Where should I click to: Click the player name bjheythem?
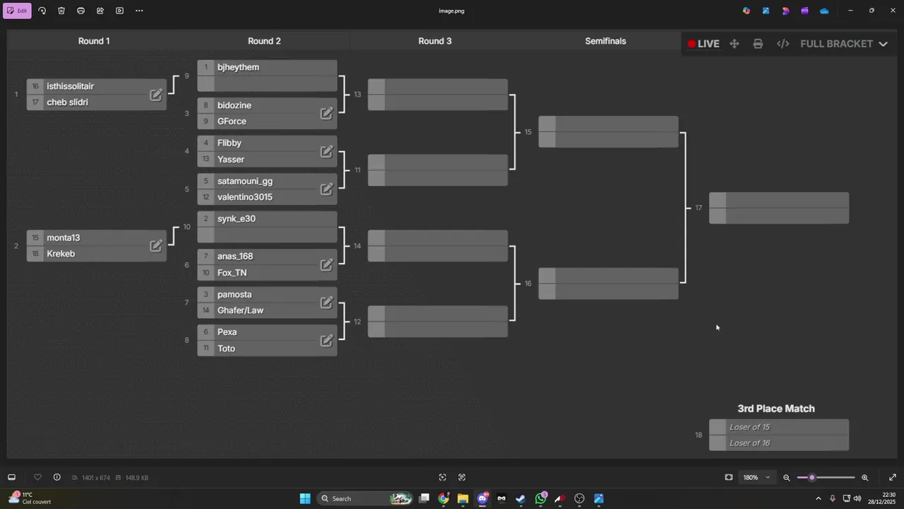[x=238, y=67]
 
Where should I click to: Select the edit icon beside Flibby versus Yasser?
[x=326, y=151]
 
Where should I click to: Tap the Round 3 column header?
[x=434, y=41]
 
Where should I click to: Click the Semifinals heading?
[x=605, y=41]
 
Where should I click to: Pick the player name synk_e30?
[x=236, y=219]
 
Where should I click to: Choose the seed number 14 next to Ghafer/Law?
[x=206, y=310]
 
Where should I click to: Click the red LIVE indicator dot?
[x=691, y=44]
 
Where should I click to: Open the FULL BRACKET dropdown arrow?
[x=883, y=44]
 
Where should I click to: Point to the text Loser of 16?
[x=749, y=443]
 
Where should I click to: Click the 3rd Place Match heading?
[x=775, y=409]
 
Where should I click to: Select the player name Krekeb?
[x=61, y=254]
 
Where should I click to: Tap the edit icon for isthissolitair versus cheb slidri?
[x=156, y=95]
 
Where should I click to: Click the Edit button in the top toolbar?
[x=17, y=11]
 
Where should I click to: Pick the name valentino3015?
[x=244, y=197]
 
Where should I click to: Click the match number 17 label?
[x=698, y=208]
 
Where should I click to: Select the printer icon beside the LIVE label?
[x=758, y=44]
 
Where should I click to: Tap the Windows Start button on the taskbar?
[x=305, y=499]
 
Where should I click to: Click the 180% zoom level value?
[x=751, y=477]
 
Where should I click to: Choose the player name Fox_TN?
[x=232, y=273]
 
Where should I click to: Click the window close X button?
[x=893, y=11]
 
